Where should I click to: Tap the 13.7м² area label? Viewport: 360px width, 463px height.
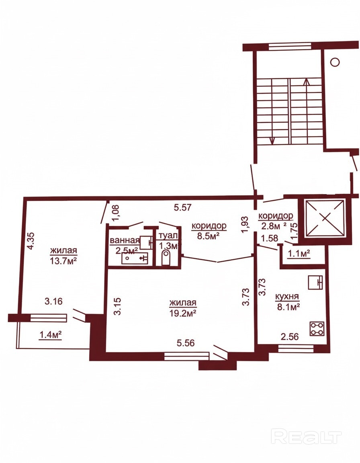click(64, 261)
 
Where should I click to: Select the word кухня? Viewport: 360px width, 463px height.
click(287, 296)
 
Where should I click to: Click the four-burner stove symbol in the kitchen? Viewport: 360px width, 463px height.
click(317, 329)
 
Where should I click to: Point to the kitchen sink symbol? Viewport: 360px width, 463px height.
click(315, 282)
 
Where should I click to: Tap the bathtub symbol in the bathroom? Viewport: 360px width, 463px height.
click(135, 258)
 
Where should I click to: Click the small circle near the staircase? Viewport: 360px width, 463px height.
click(335, 62)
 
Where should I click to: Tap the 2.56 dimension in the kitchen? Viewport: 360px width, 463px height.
click(290, 336)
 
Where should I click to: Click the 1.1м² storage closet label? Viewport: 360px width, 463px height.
click(299, 253)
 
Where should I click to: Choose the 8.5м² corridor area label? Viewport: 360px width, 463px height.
click(209, 236)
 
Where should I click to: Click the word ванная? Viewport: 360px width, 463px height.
click(124, 240)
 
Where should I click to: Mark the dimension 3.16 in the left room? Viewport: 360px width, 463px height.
click(53, 301)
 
